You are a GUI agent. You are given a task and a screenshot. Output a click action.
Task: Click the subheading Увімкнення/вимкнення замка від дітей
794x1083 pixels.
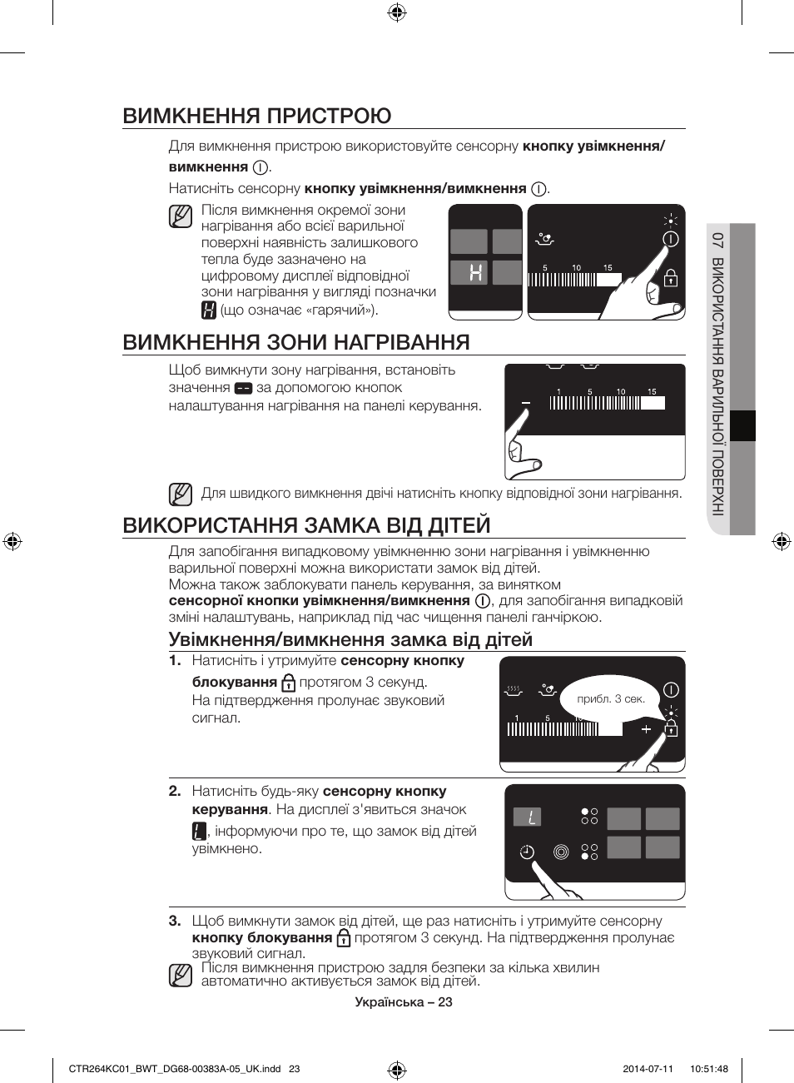tap(350, 639)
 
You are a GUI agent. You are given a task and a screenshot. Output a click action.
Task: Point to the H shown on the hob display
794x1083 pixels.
tap(475, 272)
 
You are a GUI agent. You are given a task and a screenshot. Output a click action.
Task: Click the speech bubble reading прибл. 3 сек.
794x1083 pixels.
tap(611, 699)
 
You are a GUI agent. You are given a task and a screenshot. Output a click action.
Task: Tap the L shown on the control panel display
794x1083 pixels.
tap(529, 817)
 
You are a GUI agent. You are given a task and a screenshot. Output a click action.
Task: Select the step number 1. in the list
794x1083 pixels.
tap(175, 661)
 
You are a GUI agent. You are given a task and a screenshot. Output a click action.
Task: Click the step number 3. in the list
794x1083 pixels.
tap(175, 921)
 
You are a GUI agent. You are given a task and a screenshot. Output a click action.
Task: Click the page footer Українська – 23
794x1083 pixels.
tap(404, 1002)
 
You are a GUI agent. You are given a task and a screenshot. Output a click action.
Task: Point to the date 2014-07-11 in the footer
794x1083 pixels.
tap(648, 1069)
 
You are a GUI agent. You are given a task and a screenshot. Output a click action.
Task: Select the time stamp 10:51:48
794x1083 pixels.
tap(708, 1069)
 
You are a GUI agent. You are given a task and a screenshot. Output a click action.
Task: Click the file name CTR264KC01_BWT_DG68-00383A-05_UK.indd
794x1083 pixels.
tap(175, 1069)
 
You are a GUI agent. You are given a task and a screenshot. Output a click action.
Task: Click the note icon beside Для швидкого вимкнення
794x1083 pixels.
tap(180, 494)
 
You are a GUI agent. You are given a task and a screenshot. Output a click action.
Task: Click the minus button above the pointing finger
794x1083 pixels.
tap(525, 403)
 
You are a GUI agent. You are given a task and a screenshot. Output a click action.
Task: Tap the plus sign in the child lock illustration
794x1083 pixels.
tap(646, 729)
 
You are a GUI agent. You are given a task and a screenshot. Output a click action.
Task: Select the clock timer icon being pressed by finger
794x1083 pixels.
tap(527, 852)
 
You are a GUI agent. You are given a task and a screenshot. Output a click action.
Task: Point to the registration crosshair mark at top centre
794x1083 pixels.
tap(397, 12)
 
